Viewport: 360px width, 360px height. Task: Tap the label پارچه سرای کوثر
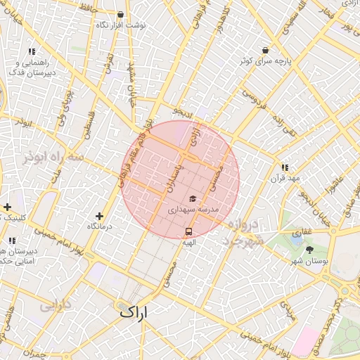(x=264, y=62)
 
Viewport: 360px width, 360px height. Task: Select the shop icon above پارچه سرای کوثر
(x=265, y=51)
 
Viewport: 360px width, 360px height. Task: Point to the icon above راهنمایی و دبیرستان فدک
(x=32, y=51)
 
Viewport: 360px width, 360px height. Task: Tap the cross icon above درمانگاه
(x=99, y=216)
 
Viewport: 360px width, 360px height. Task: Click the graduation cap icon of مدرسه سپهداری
(x=193, y=199)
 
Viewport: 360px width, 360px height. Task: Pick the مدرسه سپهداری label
(x=193, y=210)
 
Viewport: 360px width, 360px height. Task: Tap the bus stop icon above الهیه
(x=188, y=231)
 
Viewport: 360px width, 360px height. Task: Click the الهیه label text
(x=188, y=242)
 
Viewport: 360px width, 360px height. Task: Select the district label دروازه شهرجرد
(x=246, y=233)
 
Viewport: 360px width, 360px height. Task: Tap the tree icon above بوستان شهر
(x=310, y=250)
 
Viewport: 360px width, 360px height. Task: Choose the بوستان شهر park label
(x=310, y=261)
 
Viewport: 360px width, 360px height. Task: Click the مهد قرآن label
(x=285, y=179)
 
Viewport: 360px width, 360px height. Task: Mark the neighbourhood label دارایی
(x=57, y=306)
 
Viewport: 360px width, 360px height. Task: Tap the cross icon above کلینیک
(x=7, y=207)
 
